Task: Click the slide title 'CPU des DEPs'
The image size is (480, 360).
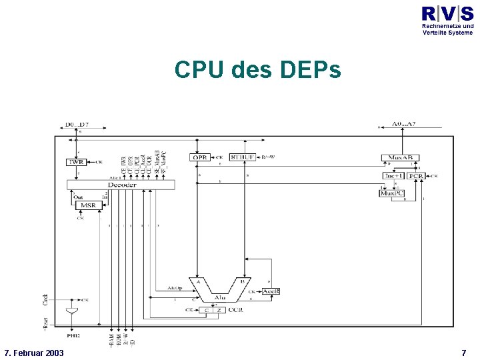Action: pos(257,69)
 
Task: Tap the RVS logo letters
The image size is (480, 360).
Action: pos(447,13)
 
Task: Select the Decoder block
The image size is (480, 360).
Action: pos(121,184)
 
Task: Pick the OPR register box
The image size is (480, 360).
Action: pos(200,157)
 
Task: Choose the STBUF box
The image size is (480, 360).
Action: pos(243,157)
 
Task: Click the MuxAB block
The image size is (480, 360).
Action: pos(400,158)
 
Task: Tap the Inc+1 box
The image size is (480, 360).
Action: pos(393,176)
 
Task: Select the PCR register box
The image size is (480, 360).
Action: pos(417,176)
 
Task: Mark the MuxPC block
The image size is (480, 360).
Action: pos(391,193)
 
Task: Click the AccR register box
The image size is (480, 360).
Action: pos(271,291)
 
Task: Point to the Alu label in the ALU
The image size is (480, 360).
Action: pos(221,297)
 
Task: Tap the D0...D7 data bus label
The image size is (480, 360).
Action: pos(77,125)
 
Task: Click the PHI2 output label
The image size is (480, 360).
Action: pos(72,335)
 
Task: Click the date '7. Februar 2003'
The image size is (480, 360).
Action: pos(34,352)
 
